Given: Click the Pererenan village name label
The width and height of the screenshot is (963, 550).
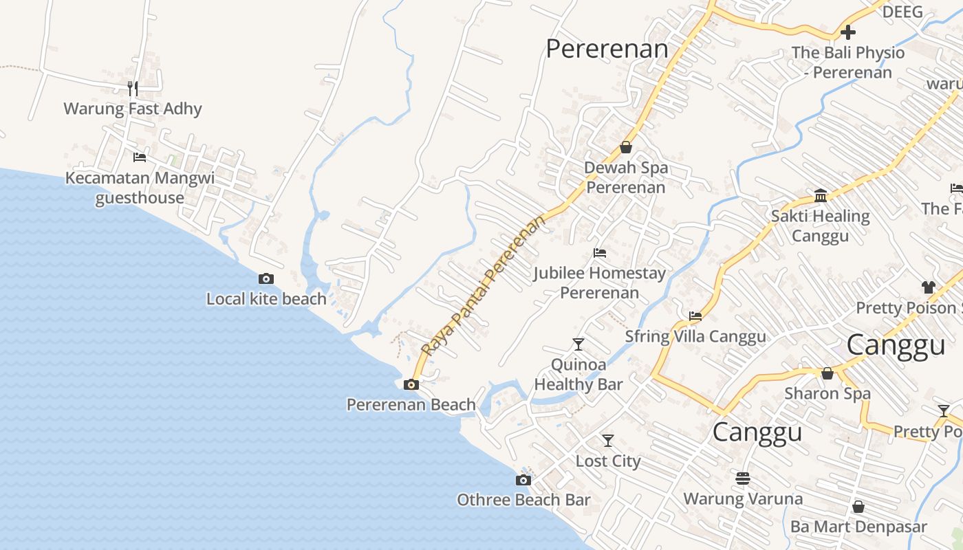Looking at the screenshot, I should tap(607, 49).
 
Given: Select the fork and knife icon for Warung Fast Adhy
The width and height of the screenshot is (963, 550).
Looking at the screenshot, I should tap(133, 88).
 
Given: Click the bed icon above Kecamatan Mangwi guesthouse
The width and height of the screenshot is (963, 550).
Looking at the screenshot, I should tap(140, 157).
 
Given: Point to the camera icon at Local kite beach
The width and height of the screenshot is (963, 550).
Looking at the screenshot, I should tap(266, 278).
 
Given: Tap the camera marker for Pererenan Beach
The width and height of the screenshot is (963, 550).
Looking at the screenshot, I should tap(411, 384).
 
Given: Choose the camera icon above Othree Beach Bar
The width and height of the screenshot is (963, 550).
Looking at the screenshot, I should tap(523, 480).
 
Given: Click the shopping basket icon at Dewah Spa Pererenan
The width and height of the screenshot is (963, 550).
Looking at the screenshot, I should tap(626, 147).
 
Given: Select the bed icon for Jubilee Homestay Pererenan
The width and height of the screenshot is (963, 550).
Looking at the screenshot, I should tap(600, 253).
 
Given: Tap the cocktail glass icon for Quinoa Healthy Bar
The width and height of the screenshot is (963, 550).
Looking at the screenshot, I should tap(578, 344).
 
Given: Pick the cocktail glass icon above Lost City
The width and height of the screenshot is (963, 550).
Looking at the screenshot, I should tap(608, 440).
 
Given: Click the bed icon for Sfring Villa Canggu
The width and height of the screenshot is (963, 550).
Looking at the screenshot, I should tap(695, 316).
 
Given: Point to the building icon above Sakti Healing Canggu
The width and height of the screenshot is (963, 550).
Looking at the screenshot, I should tap(821, 196).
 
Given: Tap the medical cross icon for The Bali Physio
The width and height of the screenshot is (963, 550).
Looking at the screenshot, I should tap(848, 32).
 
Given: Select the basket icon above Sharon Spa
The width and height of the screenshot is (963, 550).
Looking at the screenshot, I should tap(827, 373).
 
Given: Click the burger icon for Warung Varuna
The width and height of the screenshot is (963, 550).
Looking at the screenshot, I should tap(743, 478).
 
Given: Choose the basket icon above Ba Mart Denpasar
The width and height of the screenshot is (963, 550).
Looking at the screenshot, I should tap(858, 507).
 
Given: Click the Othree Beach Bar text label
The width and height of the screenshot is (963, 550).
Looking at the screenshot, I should tap(523, 500).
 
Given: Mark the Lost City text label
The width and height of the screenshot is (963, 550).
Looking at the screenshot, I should tap(608, 461).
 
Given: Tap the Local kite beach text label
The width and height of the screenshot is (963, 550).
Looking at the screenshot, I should tap(266, 299).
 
